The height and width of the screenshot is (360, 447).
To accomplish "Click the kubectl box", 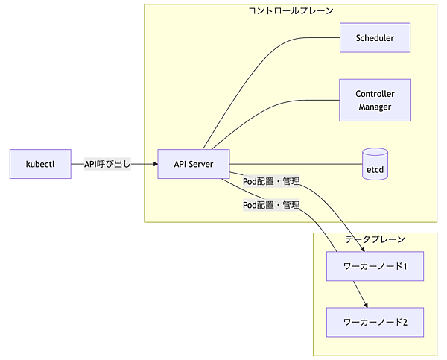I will click(x=40, y=164).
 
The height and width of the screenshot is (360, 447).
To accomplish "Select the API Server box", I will click(x=194, y=164).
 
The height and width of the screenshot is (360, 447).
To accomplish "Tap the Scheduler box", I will click(x=375, y=37).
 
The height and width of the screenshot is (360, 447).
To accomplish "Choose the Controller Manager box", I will click(x=375, y=101).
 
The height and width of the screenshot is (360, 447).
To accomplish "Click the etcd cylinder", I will click(x=375, y=164).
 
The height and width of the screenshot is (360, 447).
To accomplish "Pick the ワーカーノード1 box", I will click(x=375, y=266).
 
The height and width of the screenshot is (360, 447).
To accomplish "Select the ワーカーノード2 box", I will click(x=375, y=323).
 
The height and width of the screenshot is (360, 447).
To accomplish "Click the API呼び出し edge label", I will click(x=107, y=164).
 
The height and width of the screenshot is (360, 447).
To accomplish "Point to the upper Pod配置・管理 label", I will click(x=271, y=181).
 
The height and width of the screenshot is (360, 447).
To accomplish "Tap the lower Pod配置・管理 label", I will click(x=271, y=205).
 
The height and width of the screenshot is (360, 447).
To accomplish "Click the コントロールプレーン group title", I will click(x=291, y=11).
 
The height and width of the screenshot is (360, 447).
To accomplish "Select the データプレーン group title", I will click(x=375, y=239).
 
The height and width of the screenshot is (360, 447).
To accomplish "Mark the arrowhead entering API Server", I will click(x=154, y=164).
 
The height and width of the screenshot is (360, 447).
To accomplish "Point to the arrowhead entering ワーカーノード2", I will click(x=366, y=305).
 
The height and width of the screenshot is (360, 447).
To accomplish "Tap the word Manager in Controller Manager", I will click(x=375, y=107).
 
